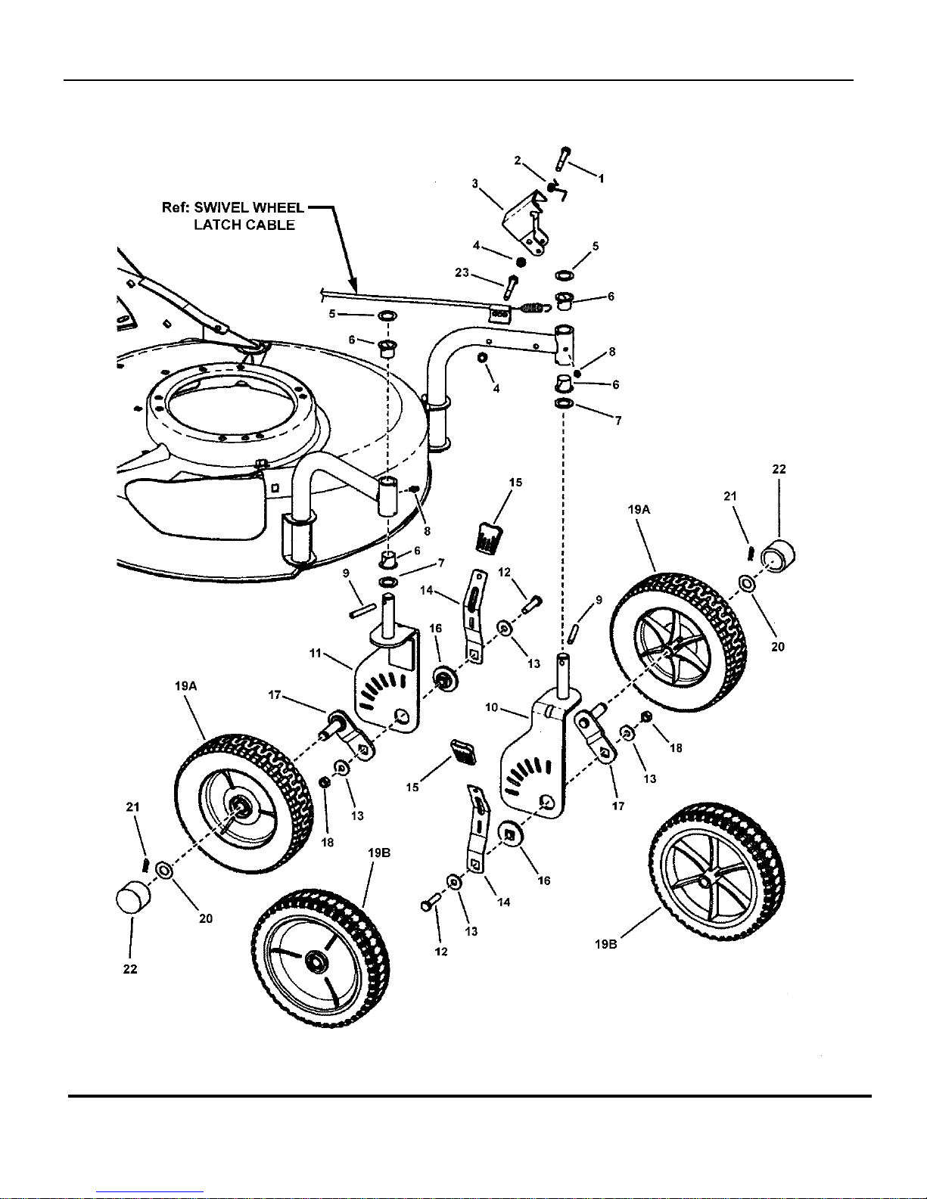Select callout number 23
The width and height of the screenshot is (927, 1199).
[462, 272]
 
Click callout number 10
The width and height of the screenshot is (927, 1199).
[492, 707]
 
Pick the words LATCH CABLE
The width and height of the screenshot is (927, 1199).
[244, 225]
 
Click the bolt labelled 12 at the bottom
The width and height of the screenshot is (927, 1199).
[429, 902]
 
